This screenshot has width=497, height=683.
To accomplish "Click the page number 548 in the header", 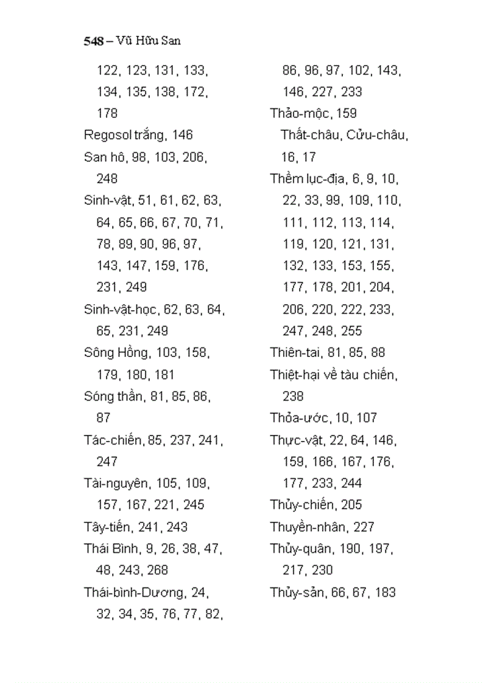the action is [x=93, y=42].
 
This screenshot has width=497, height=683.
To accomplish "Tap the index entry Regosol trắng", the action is [x=124, y=134].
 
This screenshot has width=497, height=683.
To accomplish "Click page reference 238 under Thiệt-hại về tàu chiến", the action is [x=293, y=397].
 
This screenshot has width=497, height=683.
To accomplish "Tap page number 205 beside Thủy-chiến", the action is [x=351, y=505].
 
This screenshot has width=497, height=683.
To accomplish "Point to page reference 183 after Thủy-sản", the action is [x=385, y=592].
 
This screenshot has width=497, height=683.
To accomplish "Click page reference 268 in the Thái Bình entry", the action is [x=157, y=570].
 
